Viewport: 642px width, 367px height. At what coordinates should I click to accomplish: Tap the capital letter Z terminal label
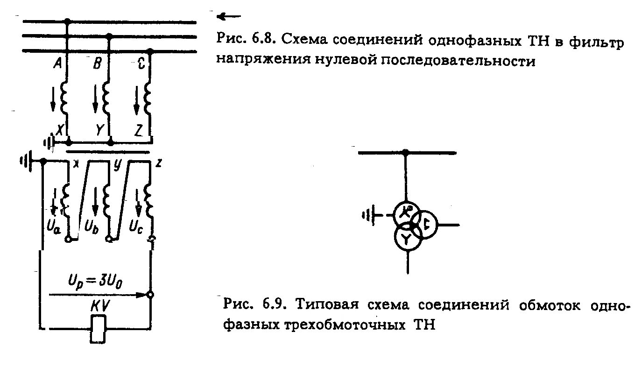[139, 129]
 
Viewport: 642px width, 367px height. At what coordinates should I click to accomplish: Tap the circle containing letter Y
[407, 239]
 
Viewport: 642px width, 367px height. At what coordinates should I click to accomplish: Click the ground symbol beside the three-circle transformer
[369, 215]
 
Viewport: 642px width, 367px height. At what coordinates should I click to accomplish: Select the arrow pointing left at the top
[229, 17]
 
